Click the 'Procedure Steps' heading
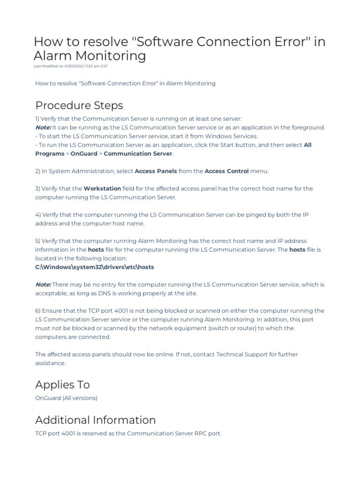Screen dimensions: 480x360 (x=79, y=105)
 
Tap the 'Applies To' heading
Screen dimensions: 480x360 (x=62, y=384)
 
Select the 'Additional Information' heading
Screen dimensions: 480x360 (x=95, y=420)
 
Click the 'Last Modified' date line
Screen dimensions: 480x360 (x=70, y=66)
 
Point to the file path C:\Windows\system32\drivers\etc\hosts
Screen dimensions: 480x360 (x=95, y=267)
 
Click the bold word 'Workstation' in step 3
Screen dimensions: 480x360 (x=102, y=188)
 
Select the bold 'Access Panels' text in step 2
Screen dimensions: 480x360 (x=156, y=171)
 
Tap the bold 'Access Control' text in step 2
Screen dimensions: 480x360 (x=227, y=171)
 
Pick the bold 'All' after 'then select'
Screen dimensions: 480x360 (x=307, y=145)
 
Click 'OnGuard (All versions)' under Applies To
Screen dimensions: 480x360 (x=66, y=398)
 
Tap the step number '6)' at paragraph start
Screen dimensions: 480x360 (x=38, y=311)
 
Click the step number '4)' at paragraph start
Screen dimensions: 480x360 (x=38, y=215)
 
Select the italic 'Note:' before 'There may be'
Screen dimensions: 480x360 (x=43, y=285)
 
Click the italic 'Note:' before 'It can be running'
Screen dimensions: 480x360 (x=43, y=127)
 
